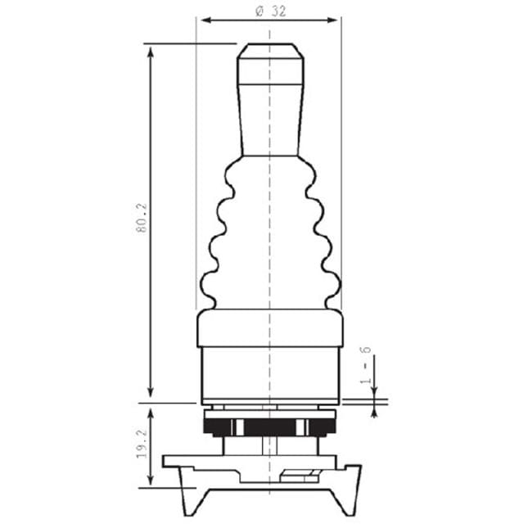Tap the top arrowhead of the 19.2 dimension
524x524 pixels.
[x=151, y=407]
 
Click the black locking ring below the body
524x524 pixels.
[x=270, y=427]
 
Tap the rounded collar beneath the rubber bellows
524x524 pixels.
[x=270, y=327]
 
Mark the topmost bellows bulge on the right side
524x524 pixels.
[x=309, y=174]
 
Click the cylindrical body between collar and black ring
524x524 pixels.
[x=270, y=373]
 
